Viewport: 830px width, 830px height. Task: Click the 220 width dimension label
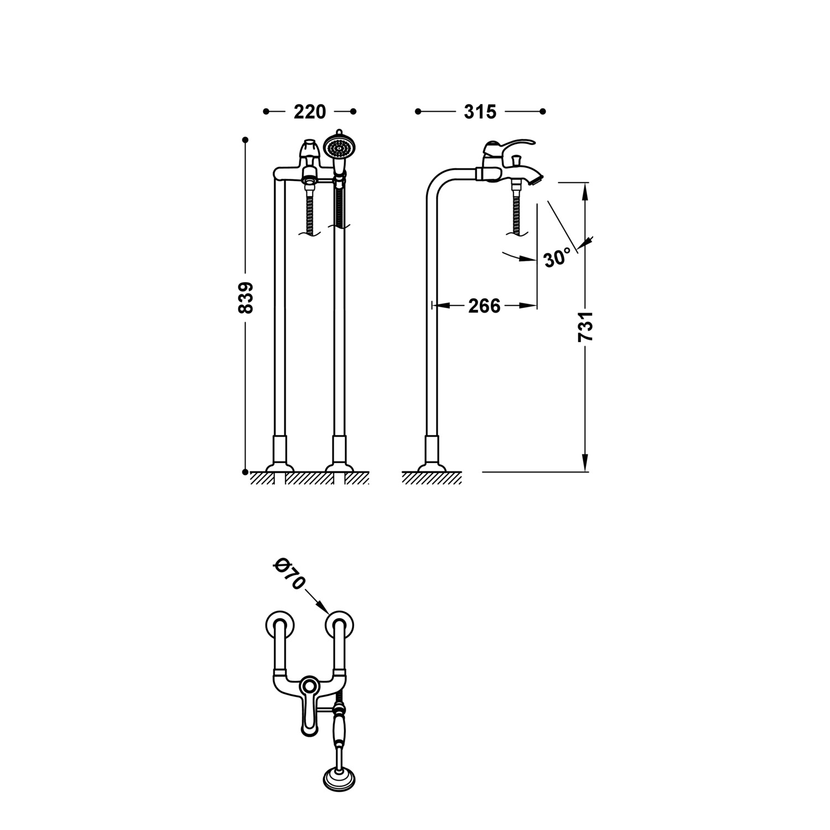309,112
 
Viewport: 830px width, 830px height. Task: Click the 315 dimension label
480,112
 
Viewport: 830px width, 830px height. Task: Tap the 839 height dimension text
245,298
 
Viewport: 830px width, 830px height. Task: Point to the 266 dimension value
484,305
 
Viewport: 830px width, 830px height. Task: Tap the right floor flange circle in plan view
339,626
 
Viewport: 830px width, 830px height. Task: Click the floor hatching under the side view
432,478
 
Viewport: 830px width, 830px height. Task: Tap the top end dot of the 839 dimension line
245,139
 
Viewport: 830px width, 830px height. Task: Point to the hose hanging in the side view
518,210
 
